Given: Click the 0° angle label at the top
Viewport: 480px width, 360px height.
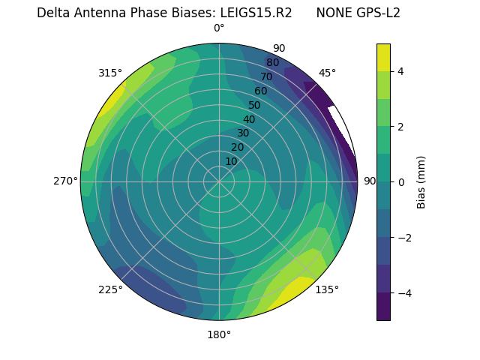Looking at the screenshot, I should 219,28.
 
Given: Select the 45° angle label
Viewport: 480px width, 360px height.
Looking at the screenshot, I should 327,73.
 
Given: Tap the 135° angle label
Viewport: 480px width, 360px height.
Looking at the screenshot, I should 327,289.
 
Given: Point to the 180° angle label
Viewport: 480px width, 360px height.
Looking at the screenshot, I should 219,334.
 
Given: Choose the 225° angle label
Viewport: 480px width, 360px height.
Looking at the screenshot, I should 110,289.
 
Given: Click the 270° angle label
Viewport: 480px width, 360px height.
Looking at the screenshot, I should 65,181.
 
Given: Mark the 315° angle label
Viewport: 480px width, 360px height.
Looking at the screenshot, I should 110,73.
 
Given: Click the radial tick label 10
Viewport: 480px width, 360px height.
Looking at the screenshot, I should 231,161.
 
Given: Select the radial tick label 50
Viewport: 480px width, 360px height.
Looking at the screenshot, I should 254,105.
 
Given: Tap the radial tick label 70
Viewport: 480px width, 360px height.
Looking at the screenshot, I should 266,76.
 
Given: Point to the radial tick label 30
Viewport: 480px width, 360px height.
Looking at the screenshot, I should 243,133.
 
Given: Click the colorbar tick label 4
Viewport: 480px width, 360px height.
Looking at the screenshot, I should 401,71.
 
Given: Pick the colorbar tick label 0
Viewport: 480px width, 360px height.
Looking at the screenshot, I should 401,182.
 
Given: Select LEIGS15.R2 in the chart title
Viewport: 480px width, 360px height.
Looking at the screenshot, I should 256,13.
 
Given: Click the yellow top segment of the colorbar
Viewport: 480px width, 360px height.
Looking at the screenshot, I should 383,57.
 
